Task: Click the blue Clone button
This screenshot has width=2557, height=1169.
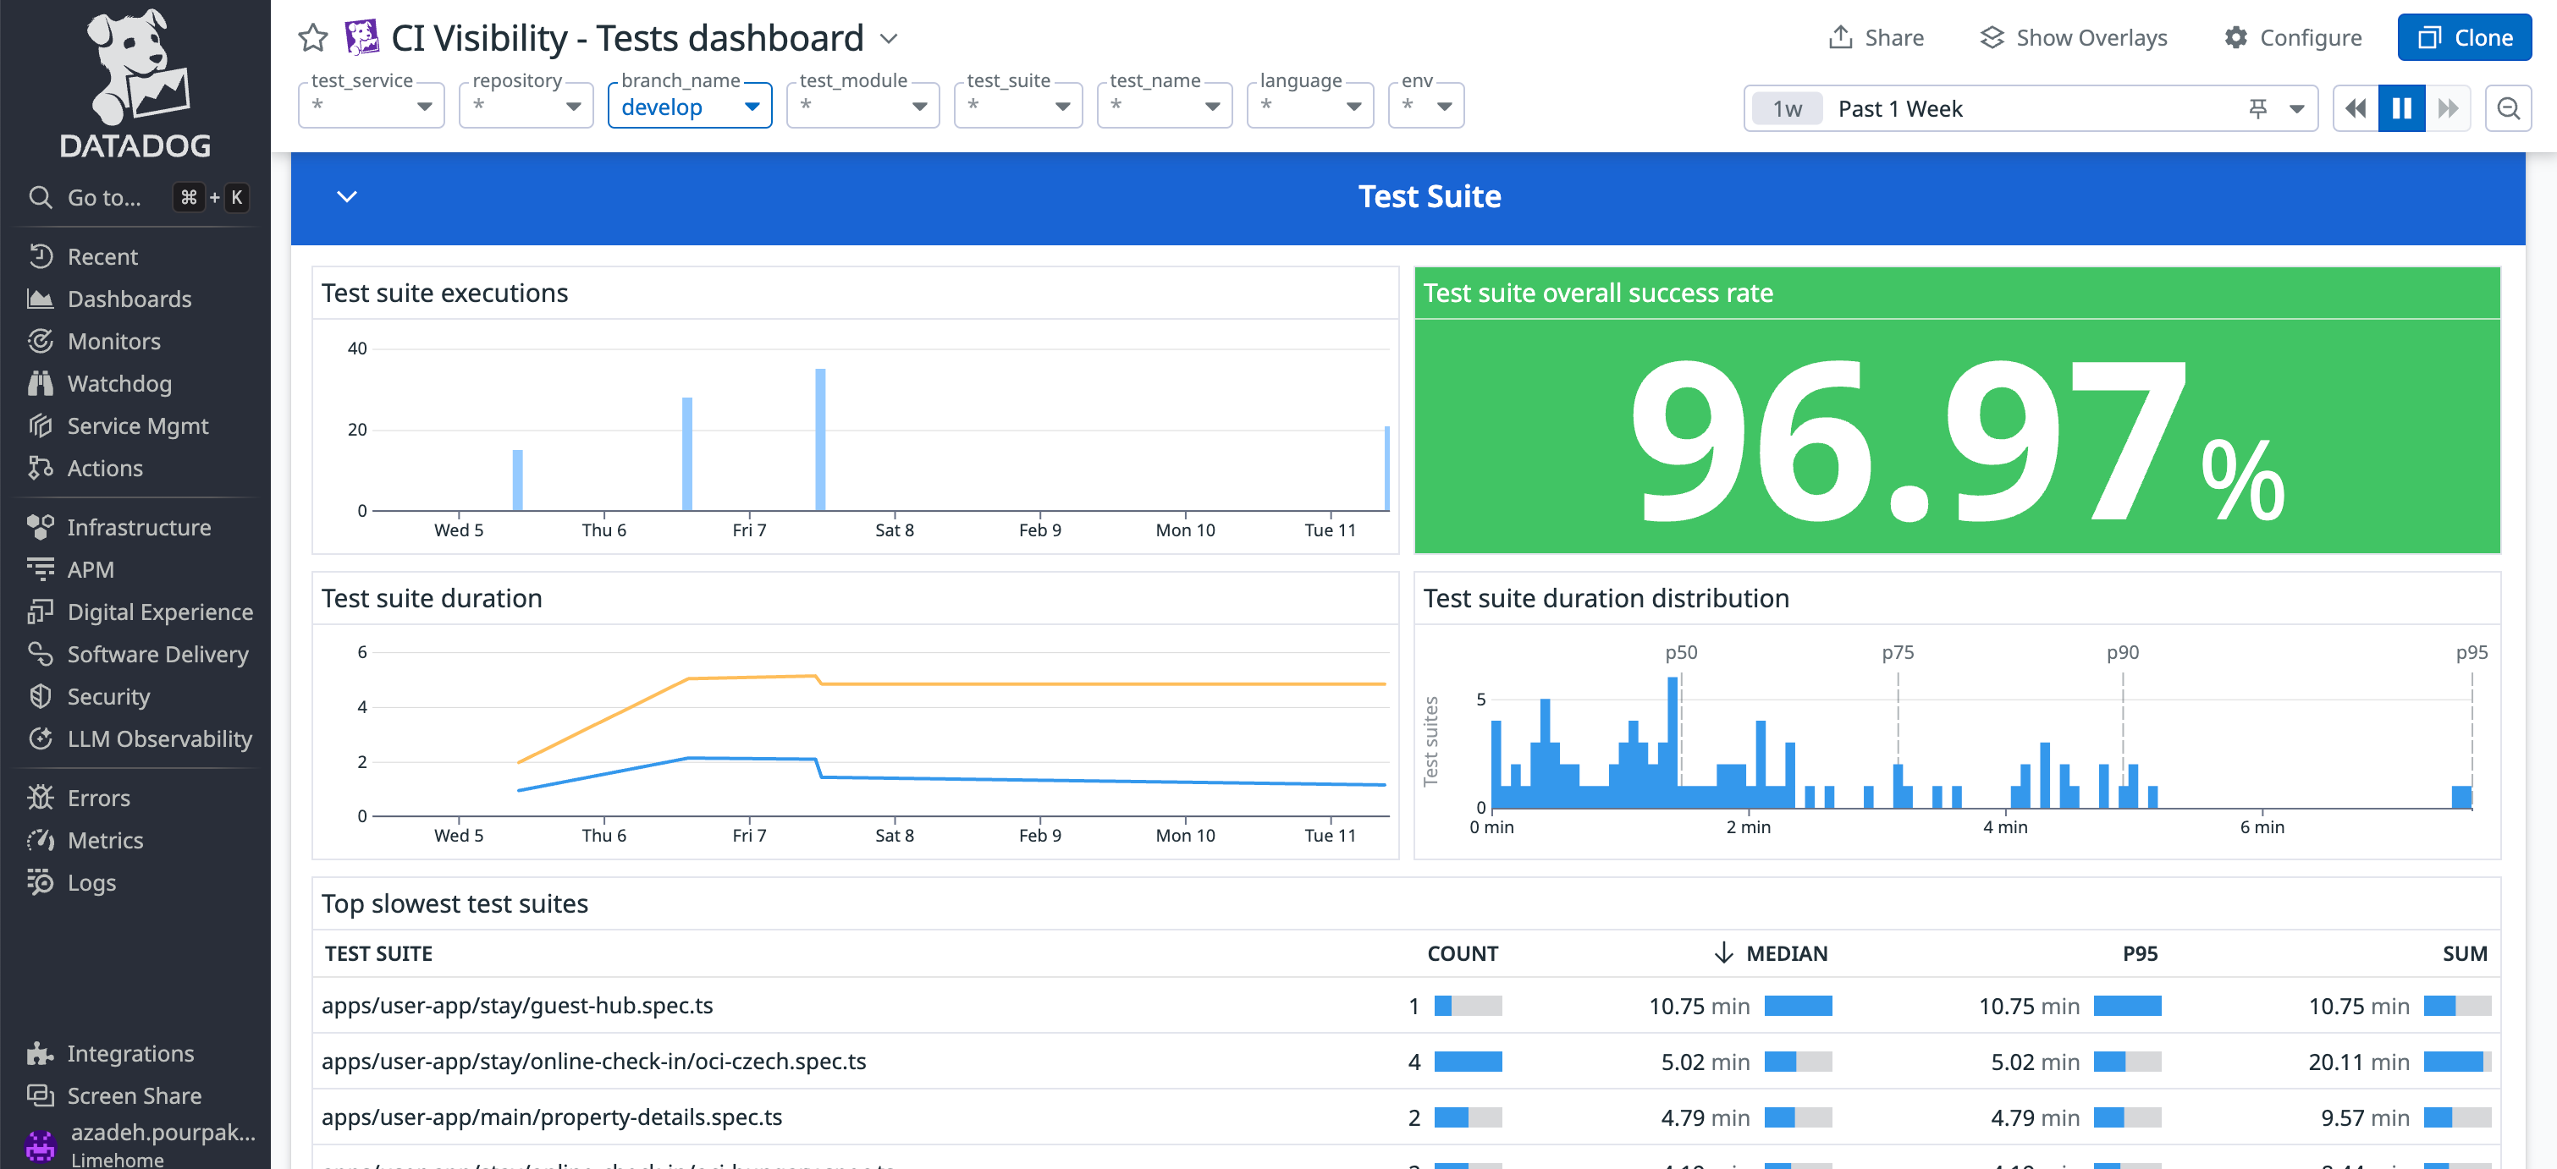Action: (x=2464, y=38)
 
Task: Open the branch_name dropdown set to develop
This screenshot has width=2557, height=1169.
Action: (x=689, y=107)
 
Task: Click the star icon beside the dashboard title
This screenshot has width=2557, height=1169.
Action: (x=312, y=38)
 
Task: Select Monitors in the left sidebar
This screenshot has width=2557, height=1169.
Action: (x=113, y=342)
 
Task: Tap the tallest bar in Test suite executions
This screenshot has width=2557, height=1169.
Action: (x=820, y=439)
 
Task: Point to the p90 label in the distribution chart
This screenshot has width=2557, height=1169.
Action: (x=2122, y=653)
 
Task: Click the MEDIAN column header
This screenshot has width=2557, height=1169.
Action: (x=1786, y=953)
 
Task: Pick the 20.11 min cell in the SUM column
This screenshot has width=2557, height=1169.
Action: (x=2358, y=1062)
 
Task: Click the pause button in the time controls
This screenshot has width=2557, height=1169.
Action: (x=2401, y=108)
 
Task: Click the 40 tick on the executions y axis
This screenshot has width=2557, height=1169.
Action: (x=357, y=349)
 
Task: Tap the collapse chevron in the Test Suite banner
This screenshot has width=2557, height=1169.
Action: (x=346, y=196)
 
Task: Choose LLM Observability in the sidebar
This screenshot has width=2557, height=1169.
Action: (x=159, y=739)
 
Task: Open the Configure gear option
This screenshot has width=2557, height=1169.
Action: (x=2293, y=38)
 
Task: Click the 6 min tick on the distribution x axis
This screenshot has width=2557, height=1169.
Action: (x=2262, y=827)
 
